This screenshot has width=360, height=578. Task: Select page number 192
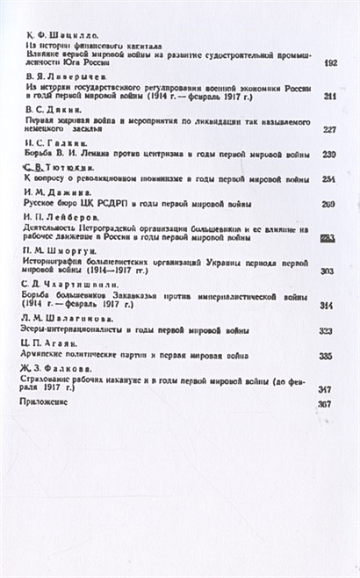coord(330,63)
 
